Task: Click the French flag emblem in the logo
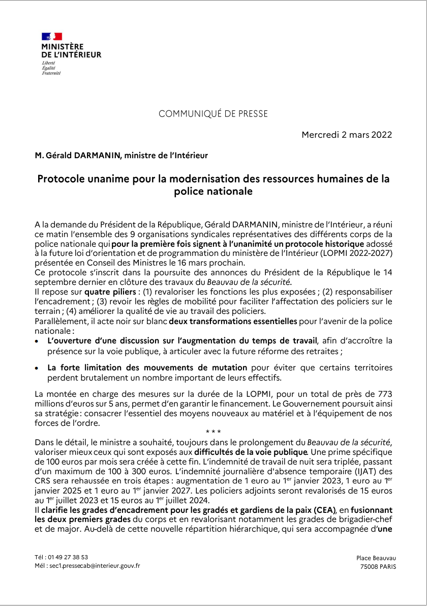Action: coord(52,36)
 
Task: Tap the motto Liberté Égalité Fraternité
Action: coord(51,67)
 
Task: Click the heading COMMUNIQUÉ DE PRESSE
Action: coord(213,114)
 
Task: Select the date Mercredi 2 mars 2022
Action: coord(347,135)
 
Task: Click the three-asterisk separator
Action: coord(213,433)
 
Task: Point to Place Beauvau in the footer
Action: coord(376,558)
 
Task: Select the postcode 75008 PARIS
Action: coord(378,567)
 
